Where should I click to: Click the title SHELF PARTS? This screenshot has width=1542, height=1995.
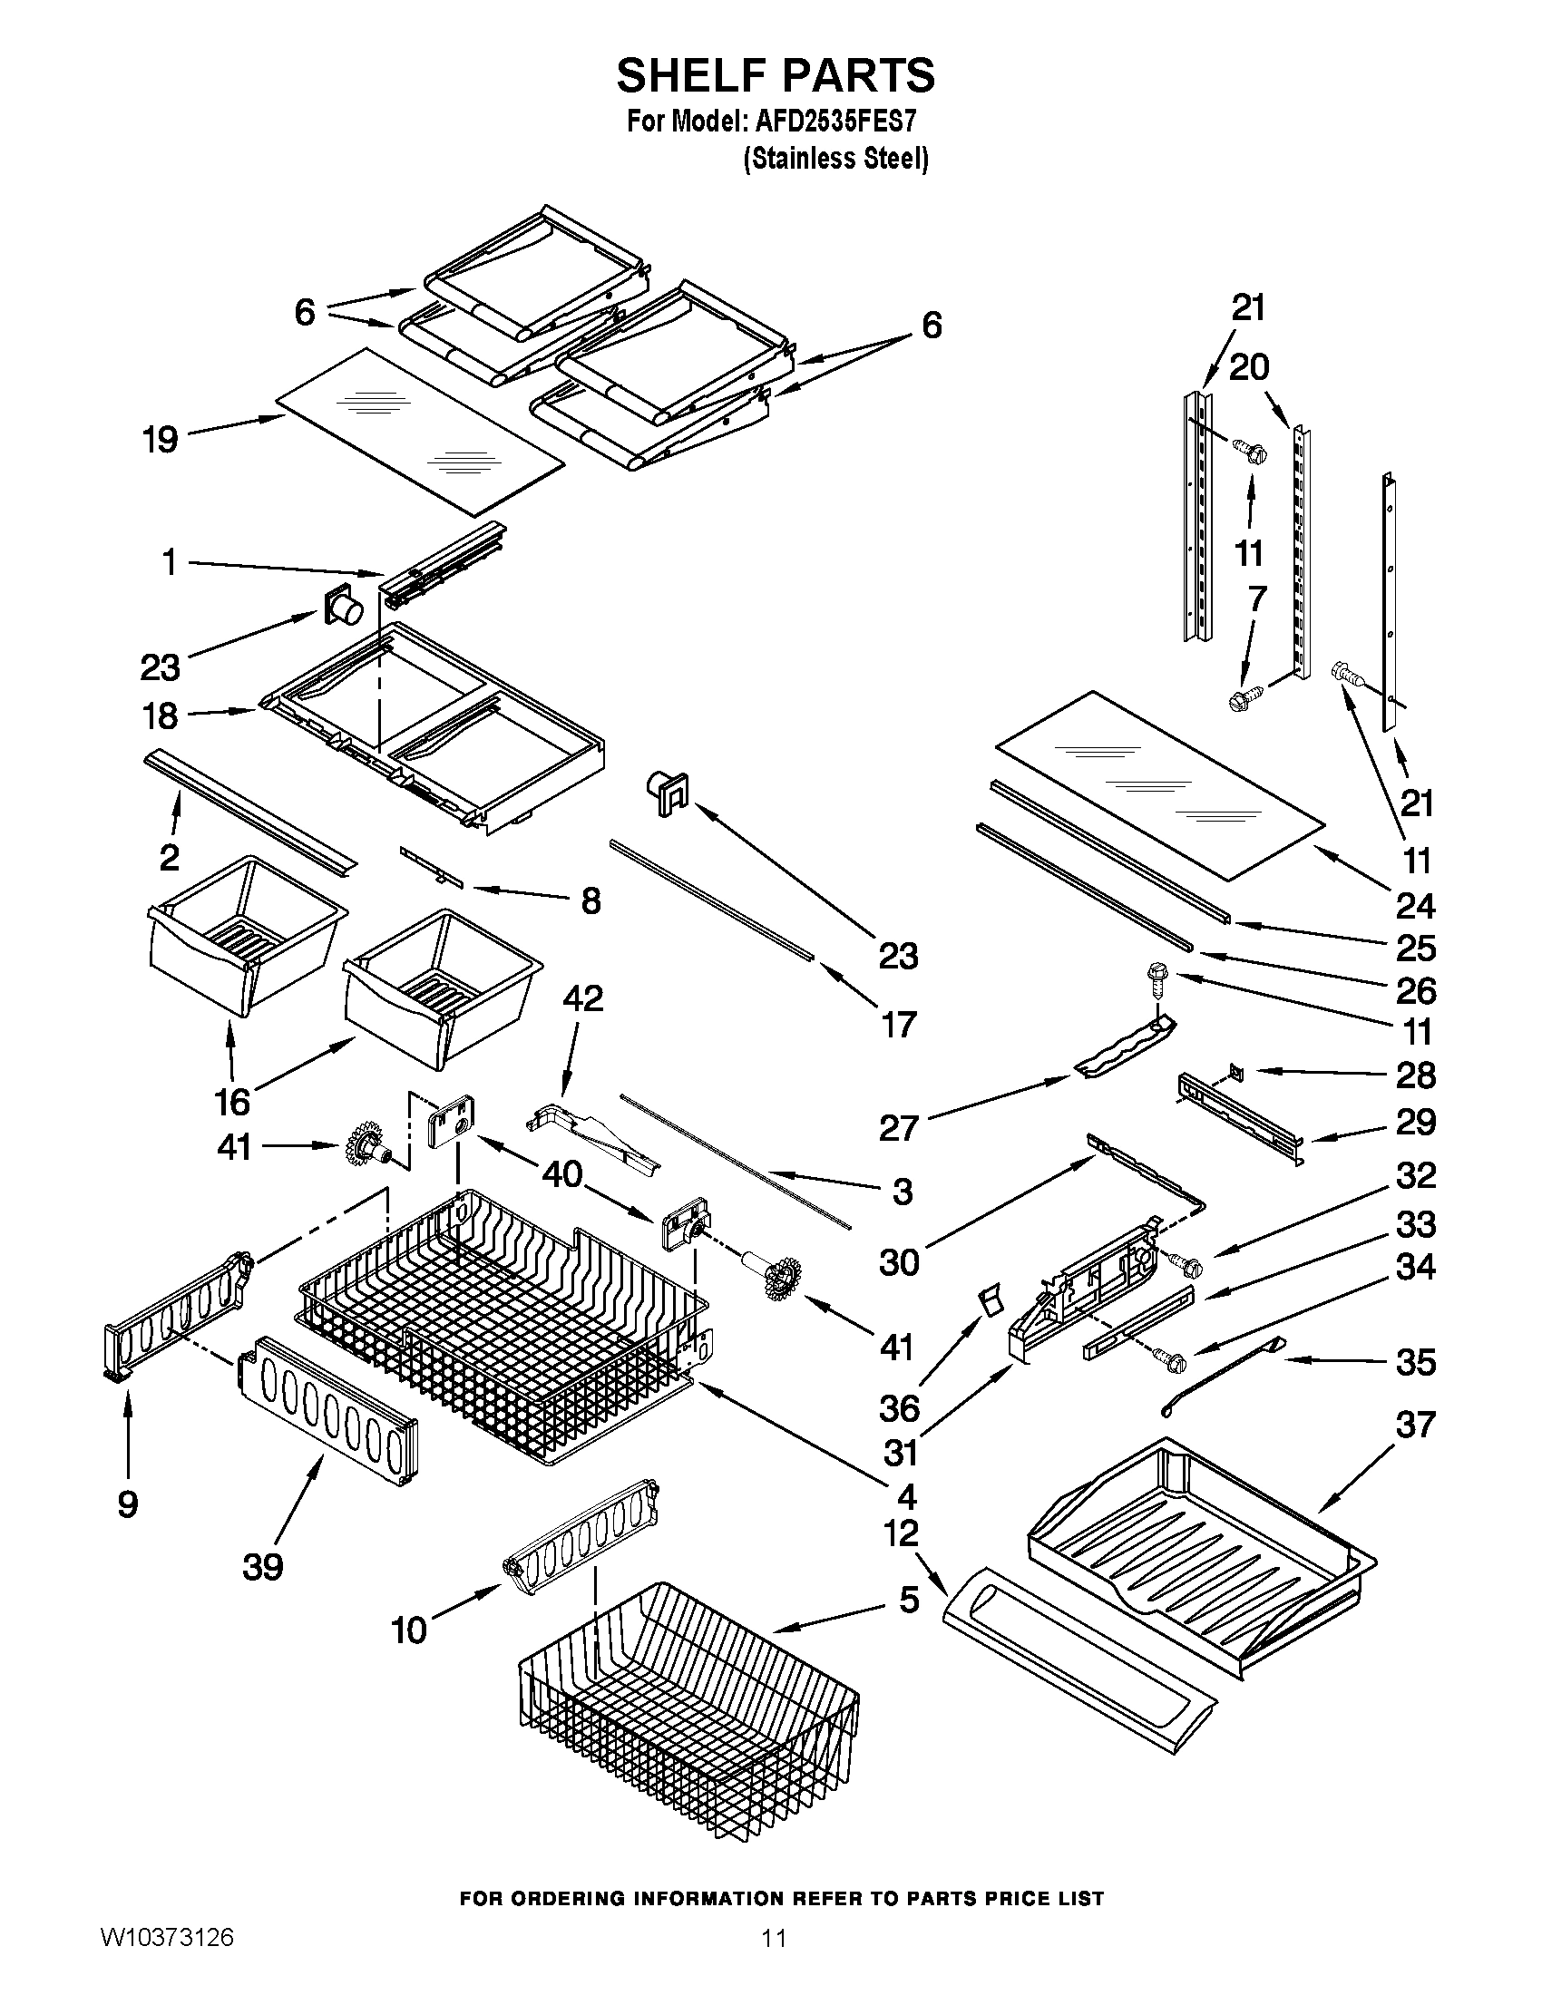click(x=775, y=75)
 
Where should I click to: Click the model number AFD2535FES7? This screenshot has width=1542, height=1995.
click(x=837, y=122)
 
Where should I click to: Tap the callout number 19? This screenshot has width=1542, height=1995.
click(x=160, y=441)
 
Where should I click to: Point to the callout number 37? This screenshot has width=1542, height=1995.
click(x=1415, y=1424)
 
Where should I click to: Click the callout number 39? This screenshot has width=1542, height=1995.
click(x=263, y=1567)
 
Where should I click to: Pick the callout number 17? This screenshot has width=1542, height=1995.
click(x=898, y=1025)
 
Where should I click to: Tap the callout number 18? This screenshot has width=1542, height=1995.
click(x=160, y=716)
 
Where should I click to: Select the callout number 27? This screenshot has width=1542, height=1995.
click(x=898, y=1128)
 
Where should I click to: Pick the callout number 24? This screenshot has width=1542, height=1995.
click(x=1415, y=905)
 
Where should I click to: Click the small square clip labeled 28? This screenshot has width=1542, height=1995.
click(x=1236, y=1068)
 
